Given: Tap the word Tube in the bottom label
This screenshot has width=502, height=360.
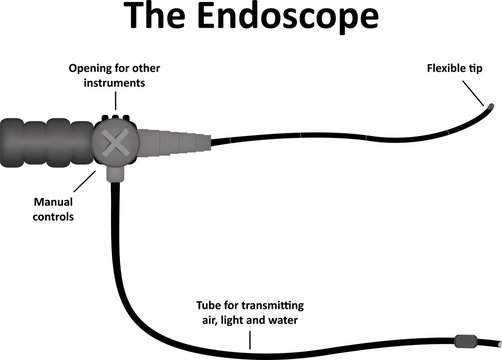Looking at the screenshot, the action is click(213, 303).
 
